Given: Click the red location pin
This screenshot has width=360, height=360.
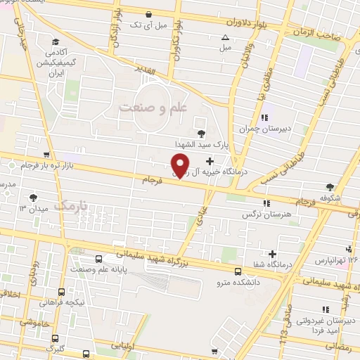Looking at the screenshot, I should tap(181, 165).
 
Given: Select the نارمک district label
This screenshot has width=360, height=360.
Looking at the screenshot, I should tap(73, 205).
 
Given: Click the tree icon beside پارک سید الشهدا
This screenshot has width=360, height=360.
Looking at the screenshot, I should tap(202, 132).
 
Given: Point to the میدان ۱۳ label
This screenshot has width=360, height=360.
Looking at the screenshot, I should tap(32, 208).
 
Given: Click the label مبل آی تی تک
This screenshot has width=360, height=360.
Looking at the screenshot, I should tap(148, 25).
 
